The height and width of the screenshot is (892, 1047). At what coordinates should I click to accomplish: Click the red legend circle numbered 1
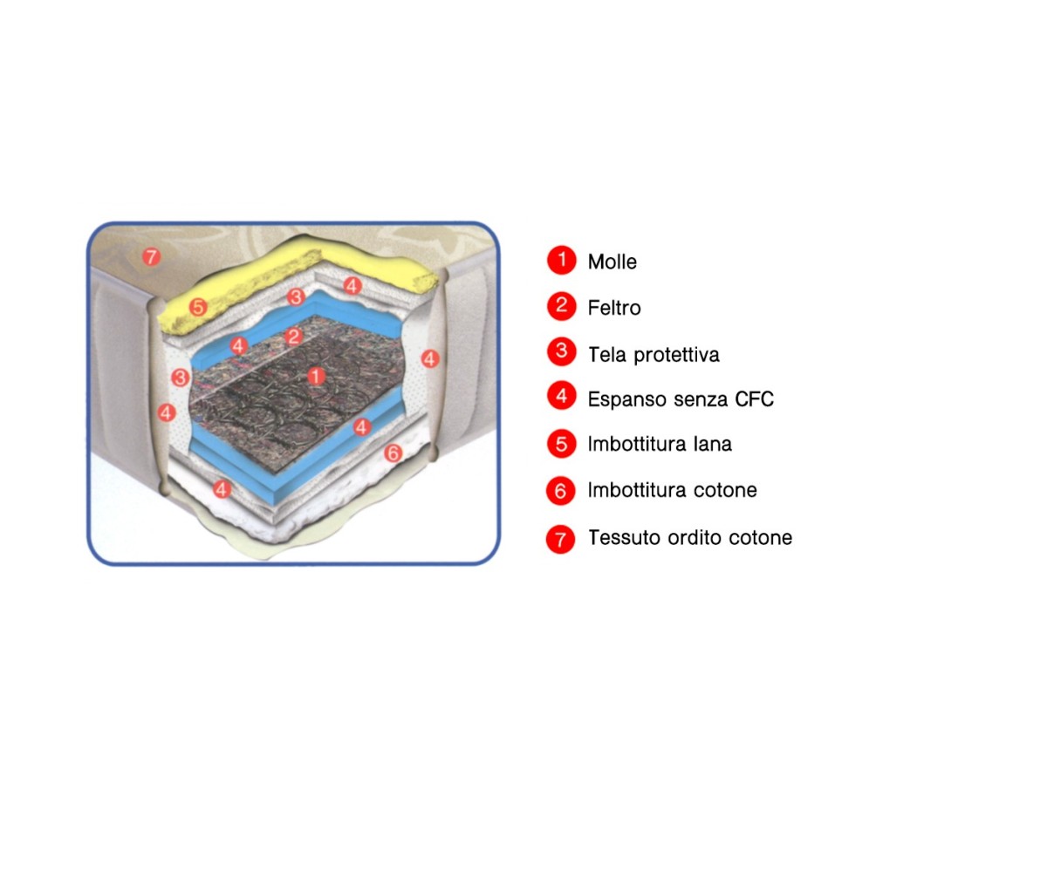(x=561, y=260)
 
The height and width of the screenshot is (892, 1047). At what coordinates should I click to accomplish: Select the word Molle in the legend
(x=612, y=262)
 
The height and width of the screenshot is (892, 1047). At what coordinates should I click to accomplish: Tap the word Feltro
(x=614, y=308)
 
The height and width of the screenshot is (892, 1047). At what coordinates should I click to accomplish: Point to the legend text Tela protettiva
(x=654, y=354)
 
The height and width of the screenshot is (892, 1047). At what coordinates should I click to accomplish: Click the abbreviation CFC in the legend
(x=754, y=399)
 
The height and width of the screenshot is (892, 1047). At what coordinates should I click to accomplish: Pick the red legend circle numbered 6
(x=561, y=491)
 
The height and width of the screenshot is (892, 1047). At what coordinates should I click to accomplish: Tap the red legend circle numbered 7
(x=560, y=539)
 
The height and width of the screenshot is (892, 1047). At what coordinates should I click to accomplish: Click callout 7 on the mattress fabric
(x=151, y=256)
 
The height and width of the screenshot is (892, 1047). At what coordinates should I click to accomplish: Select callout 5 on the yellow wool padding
(x=198, y=307)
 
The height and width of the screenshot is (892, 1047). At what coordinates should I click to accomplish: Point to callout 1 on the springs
(x=316, y=376)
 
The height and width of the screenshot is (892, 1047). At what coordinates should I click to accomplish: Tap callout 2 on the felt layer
(x=294, y=337)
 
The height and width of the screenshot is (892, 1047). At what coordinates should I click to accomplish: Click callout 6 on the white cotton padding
(x=393, y=453)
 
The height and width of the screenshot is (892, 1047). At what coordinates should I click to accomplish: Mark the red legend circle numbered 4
(x=561, y=395)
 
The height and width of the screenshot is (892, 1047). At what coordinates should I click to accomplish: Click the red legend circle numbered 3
(x=561, y=351)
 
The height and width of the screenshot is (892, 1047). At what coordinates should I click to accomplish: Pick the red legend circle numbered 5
(x=561, y=444)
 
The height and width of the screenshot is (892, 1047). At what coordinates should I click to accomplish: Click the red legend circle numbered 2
(x=561, y=306)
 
